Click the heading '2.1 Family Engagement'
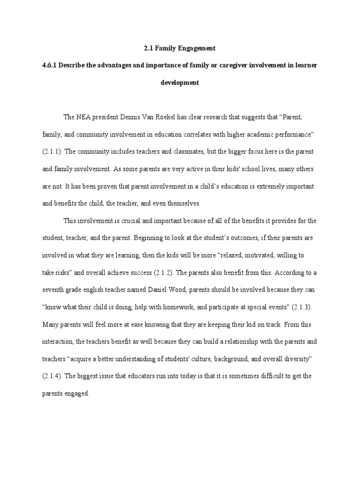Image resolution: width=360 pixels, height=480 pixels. click(x=180, y=48)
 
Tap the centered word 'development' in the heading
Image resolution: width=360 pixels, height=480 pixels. click(x=180, y=82)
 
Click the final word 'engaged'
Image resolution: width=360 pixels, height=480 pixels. click(x=78, y=394)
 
